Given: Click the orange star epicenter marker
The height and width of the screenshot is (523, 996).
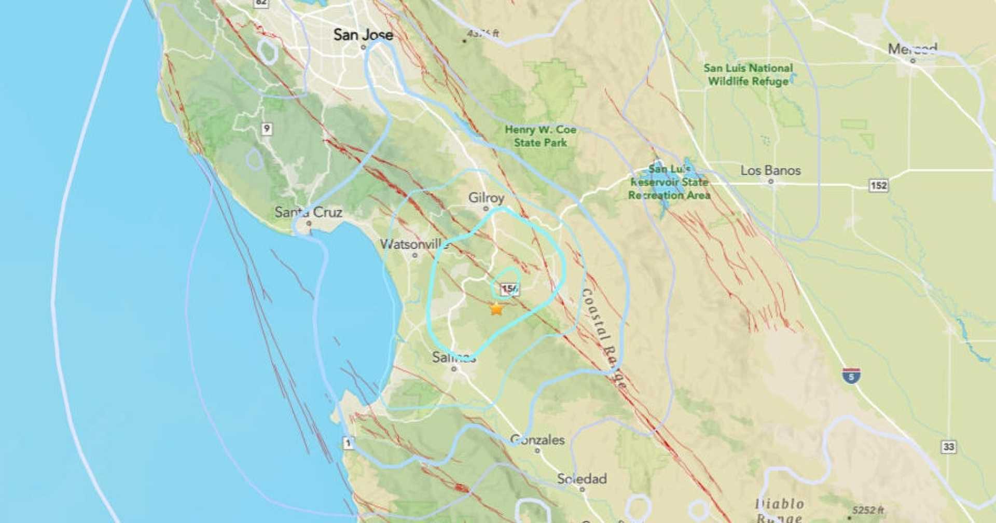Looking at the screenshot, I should tap(496, 309).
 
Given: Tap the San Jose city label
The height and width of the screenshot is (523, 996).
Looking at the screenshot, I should tap(363, 35).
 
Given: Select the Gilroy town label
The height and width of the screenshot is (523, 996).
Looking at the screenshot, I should tap(486, 198).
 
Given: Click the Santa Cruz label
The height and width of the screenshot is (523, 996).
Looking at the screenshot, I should tap(308, 212).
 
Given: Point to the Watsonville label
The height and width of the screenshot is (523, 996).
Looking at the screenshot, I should tap(414, 244).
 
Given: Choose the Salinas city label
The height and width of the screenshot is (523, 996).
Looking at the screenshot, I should tap(453, 357).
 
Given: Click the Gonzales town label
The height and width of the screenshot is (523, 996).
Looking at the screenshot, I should tap(537, 440).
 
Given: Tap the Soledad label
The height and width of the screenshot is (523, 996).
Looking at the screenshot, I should tap(582, 479).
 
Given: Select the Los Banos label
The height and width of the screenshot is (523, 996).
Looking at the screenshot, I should tap(770, 171).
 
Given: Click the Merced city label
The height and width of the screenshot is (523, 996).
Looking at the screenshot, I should tap(912, 49).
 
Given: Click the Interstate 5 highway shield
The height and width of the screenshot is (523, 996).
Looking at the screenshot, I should tap(851, 376).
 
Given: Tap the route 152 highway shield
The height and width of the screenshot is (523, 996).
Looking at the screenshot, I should tap(878, 185).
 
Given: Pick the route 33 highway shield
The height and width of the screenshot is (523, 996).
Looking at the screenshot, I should tap(948, 447).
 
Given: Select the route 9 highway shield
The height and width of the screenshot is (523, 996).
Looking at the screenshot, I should tap(266, 129).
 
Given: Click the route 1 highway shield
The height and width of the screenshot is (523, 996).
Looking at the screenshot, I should tap(348, 443).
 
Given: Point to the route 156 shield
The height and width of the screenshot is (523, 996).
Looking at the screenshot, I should tap(510, 289).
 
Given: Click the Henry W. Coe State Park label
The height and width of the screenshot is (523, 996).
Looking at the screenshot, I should tap(540, 136).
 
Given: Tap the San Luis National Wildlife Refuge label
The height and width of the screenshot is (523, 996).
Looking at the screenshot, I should tap(748, 75).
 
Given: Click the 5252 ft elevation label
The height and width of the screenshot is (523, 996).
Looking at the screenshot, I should tap(867, 511).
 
